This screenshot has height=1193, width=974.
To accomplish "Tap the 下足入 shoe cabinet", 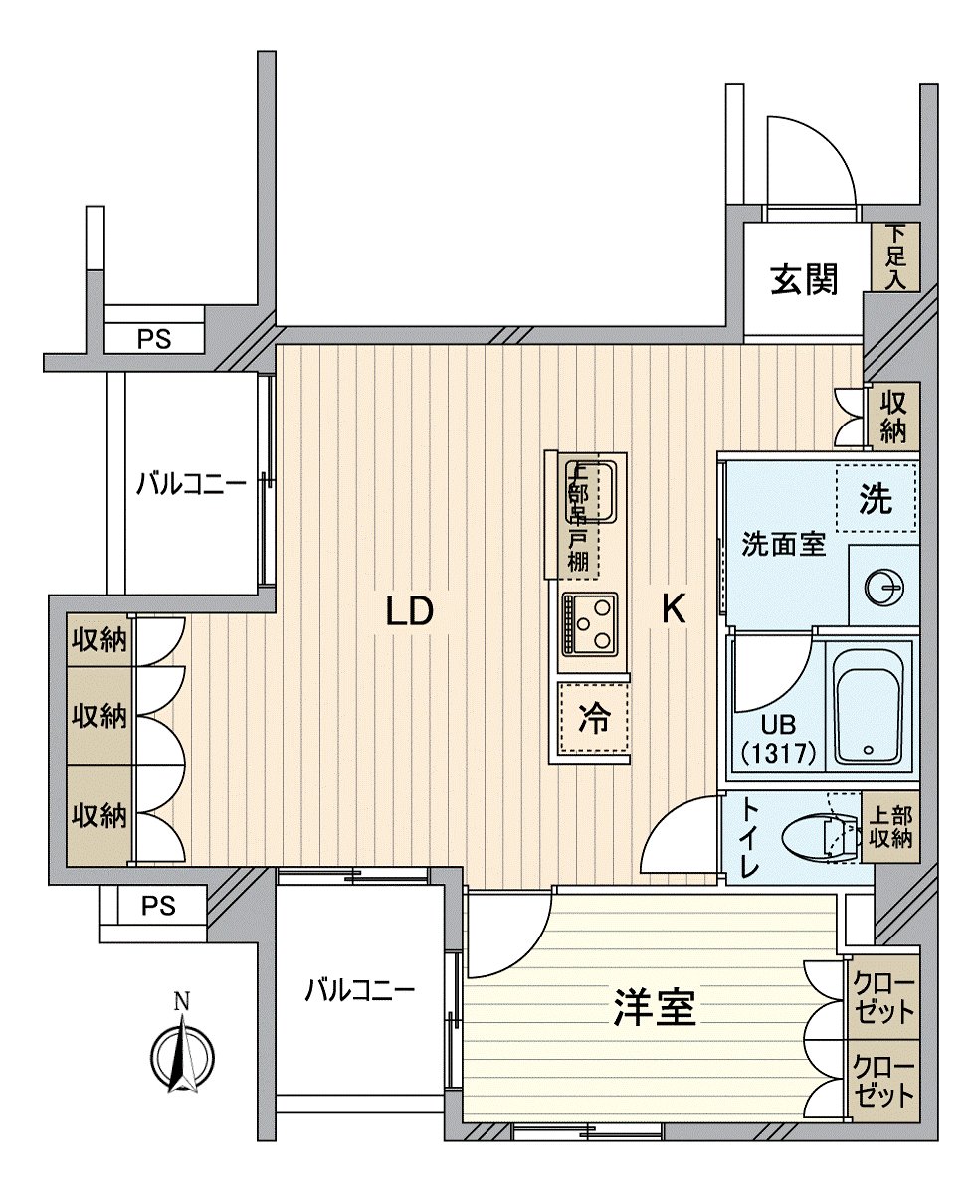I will [x=896, y=256].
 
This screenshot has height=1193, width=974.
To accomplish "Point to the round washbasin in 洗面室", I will [x=883, y=588].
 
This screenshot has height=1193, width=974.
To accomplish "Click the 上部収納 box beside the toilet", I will [x=889, y=826].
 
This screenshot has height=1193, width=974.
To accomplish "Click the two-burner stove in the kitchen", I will [x=589, y=624].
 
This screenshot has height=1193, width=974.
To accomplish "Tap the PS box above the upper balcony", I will [x=154, y=339].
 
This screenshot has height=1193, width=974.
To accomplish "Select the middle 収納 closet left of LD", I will [x=97, y=715].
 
